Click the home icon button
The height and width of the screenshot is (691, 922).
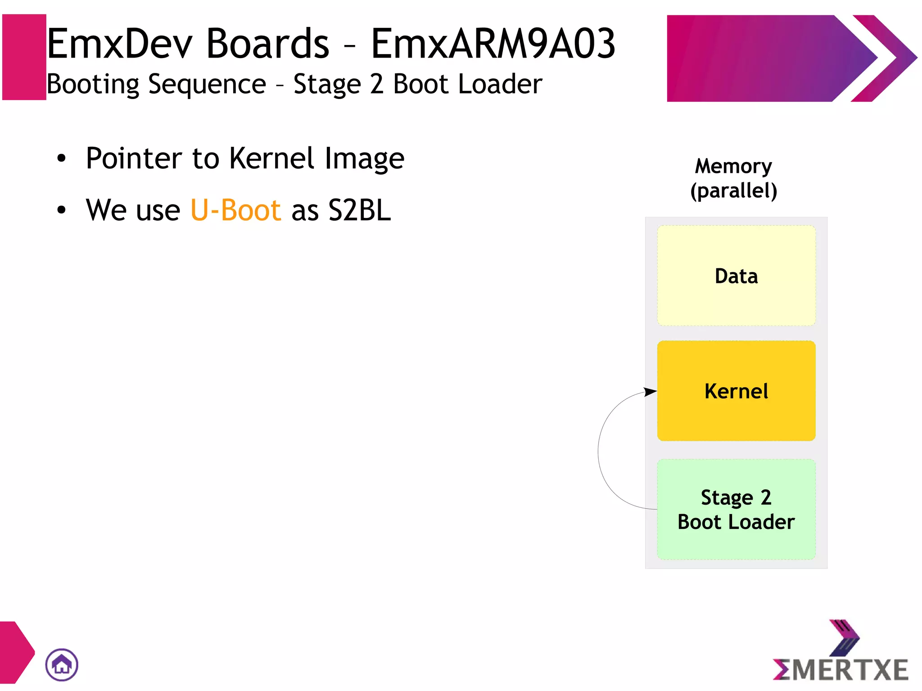tap(62, 664)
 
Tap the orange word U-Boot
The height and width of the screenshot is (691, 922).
tap(236, 210)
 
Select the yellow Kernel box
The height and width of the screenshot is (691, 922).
tap(736, 391)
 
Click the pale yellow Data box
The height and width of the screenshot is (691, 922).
tap(736, 275)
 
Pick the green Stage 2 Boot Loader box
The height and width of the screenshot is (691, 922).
tap(736, 510)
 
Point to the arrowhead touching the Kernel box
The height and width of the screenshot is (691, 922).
tap(651, 391)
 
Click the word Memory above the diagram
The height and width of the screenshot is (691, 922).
tap(733, 166)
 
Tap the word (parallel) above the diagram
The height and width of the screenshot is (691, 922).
tap(733, 190)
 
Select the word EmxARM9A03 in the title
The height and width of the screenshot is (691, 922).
tap(493, 44)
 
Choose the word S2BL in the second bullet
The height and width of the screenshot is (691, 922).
tap(360, 210)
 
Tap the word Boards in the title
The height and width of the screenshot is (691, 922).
tap(267, 44)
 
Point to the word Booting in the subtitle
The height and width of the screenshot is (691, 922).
tap(93, 84)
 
